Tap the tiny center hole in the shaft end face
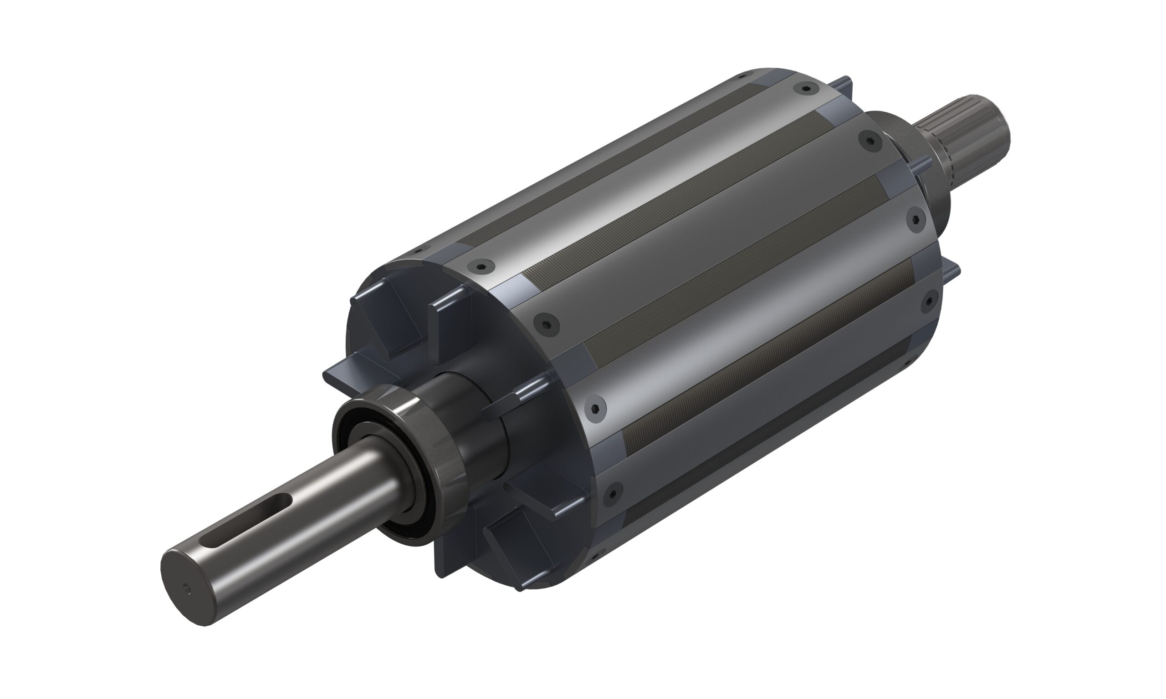pos(188,588)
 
